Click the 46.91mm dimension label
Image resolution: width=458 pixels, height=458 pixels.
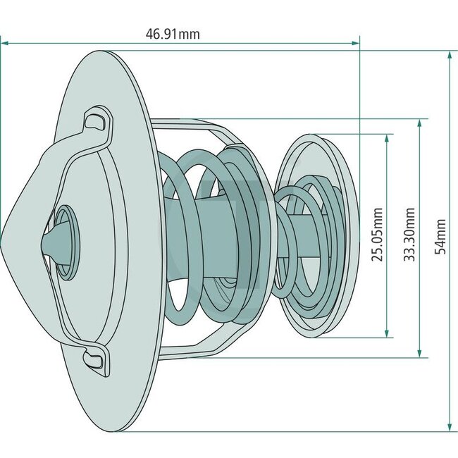pos(172,34)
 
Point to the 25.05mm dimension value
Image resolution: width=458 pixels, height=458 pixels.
pos(378,235)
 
